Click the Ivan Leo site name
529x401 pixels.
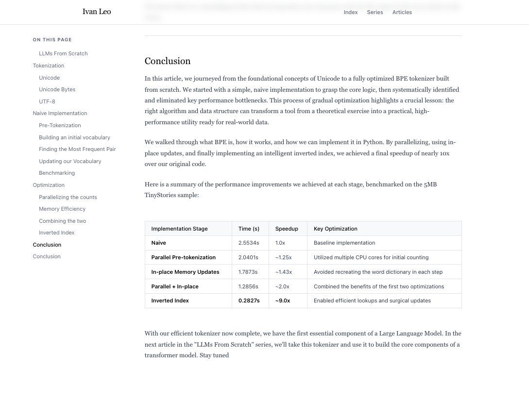tap(97, 12)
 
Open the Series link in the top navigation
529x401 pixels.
tap(375, 12)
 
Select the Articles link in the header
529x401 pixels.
tap(402, 12)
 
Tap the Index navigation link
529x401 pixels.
tap(350, 12)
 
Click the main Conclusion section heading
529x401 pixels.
tap(168, 61)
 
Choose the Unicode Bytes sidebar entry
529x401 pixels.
tap(57, 89)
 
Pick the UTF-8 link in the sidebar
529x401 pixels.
tap(47, 101)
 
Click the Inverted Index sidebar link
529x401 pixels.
tap(56, 233)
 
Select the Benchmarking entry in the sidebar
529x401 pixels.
tap(57, 173)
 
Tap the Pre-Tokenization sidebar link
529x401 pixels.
tap(60, 125)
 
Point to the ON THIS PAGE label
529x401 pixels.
tap(52, 40)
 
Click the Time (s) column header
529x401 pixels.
tap(249, 229)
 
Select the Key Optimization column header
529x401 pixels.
tap(335, 229)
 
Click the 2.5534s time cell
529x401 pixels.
tap(248, 243)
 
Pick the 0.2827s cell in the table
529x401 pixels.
tap(249, 301)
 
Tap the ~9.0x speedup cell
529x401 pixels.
tap(282, 301)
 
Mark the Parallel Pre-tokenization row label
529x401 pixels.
tap(183, 257)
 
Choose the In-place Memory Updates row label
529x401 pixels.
tap(185, 272)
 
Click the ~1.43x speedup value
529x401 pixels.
tap(283, 272)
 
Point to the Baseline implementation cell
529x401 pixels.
tap(344, 243)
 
